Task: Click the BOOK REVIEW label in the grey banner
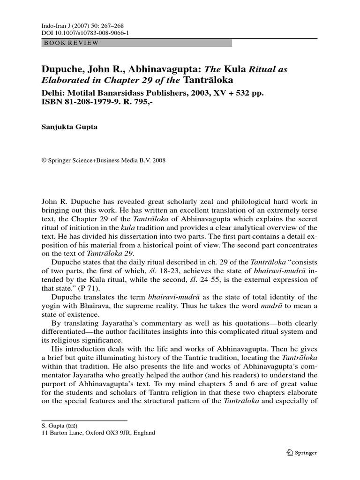pos(71,43)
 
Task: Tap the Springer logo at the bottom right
pos(301,452)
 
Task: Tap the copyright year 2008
pos(157,160)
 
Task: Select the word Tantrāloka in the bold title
pos(209,80)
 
